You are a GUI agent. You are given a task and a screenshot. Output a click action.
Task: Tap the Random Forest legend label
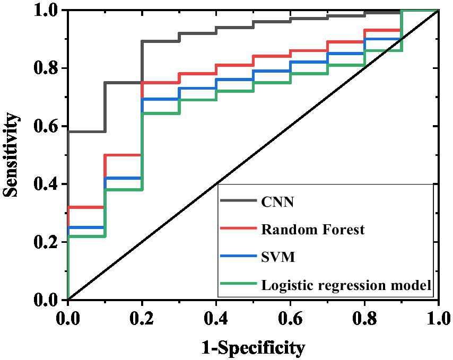[312, 230]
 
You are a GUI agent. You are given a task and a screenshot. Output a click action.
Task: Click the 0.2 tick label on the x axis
[142, 319]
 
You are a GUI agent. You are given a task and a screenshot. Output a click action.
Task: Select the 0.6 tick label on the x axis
[290, 319]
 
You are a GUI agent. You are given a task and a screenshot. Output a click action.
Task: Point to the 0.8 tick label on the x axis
[364, 319]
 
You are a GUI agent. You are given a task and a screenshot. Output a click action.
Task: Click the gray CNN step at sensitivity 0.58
[86, 131]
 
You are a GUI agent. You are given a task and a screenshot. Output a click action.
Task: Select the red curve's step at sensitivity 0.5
[123, 155]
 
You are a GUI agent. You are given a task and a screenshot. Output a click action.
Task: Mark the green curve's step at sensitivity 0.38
[123, 190]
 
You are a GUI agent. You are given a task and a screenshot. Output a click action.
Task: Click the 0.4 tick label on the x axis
[216, 319]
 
